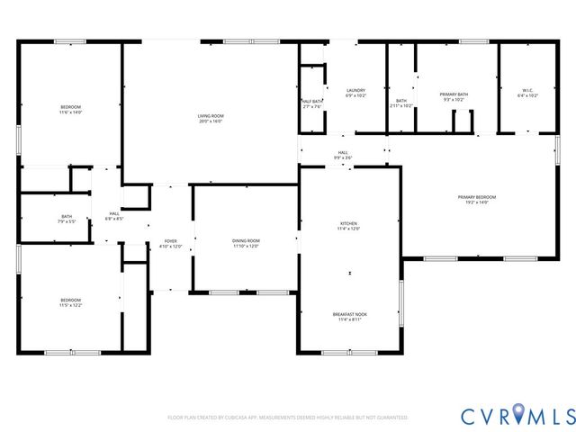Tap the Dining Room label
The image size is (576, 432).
pyautogui.click(x=247, y=243)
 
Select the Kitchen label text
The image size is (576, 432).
pyautogui.click(x=348, y=226)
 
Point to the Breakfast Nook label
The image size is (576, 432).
pyautogui.click(x=348, y=316)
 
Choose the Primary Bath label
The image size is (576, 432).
pyautogui.click(x=453, y=97)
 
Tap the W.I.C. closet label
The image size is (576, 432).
pyautogui.click(x=527, y=92)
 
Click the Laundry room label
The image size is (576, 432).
pyautogui.click(x=355, y=92)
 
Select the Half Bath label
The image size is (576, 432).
pyautogui.click(x=311, y=103)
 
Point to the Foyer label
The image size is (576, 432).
pyautogui.click(x=170, y=243)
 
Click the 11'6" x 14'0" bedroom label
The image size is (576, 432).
pyautogui.click(x=70, y=110)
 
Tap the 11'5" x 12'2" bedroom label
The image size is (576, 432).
pyautogui.click(x=70, y=302)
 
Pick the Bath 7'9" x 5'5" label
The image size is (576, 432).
pyautogui.click(x=67, y=219)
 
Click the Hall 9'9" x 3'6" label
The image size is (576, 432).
pyautogui.click(x=343, y=155)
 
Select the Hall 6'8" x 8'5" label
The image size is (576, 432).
pyautogui.click(x=114, y=215)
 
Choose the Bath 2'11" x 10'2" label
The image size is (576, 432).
pyautogui.click(x=401, y=103)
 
